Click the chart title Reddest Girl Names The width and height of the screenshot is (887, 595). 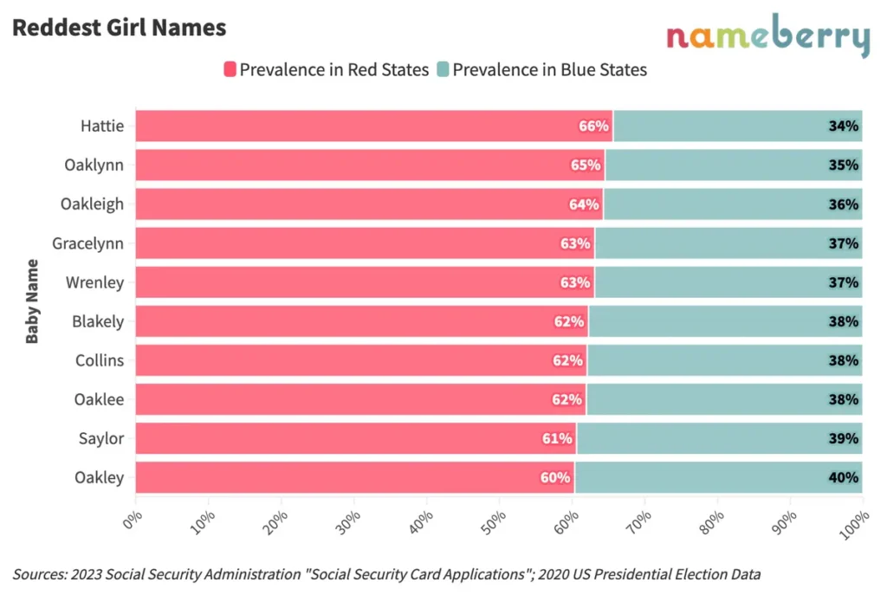click(119, 28)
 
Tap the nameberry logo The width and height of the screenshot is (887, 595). click(767, 37)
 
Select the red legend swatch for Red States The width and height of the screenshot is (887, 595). click(230, 69)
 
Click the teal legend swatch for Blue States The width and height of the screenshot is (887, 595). click(443, 69)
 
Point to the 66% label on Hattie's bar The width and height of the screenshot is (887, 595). click(593, 126)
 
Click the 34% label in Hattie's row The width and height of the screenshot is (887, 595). click(843, 126)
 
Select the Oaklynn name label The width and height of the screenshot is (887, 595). click(94, 165)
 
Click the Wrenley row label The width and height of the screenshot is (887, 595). click(95, 282)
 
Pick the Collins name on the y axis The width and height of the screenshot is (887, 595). click(100, 360)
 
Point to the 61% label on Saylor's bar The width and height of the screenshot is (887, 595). click(557, 439)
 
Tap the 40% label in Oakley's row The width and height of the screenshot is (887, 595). click(843, 478)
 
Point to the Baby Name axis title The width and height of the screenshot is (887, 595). click(32, 301)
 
